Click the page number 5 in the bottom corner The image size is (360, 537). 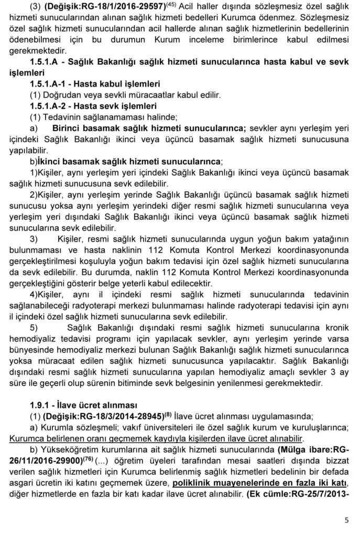(x=346, y=520)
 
